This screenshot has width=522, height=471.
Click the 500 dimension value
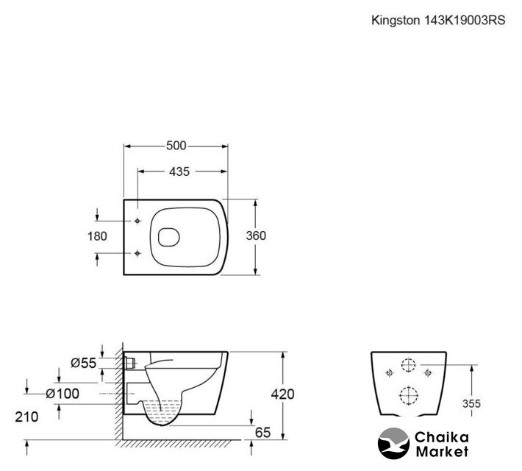point(176,145)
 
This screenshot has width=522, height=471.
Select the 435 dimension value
point(179,171)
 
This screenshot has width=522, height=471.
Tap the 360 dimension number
point(255,236)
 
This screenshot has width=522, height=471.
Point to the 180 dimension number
point(97,236)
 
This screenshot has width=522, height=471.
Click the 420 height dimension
point(283,394)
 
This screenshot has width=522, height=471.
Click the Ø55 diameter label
point(83,363)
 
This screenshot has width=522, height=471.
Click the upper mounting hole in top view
point(138,221)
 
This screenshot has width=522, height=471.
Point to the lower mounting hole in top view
point(138,254)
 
